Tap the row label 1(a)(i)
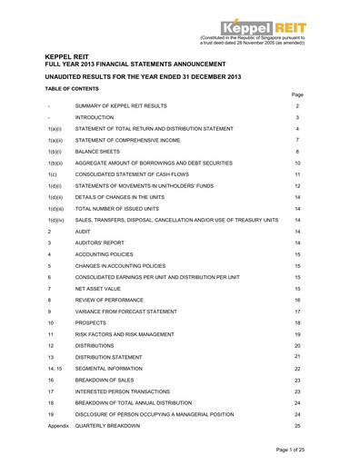click(55, 130)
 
